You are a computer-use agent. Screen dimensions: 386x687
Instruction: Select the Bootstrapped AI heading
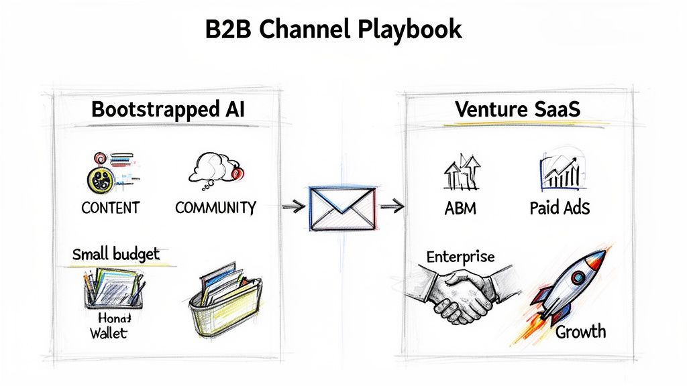(x=168, y=109)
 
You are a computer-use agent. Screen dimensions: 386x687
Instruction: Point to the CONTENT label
(x=109, y=208)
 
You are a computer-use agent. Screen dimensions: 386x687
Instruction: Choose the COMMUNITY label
(x=215, y=208)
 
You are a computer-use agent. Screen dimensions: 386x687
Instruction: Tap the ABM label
(x=460, y=208)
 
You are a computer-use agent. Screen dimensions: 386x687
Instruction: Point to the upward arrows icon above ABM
(x=462, y=172)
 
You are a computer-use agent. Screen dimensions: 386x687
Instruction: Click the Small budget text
(x=115, y=255)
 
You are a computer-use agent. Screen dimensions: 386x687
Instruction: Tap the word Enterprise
(x=460, y=257)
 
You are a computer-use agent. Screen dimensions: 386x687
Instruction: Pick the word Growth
(x=580, y=331)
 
